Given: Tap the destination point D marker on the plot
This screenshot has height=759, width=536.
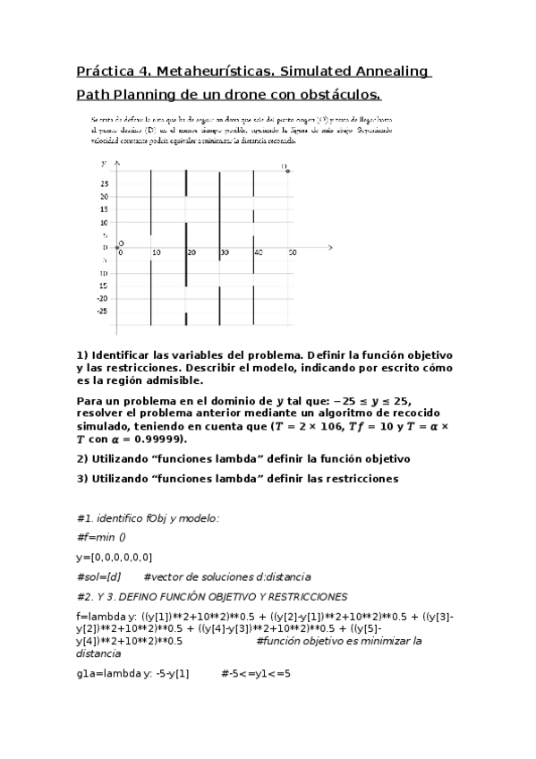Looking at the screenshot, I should click(x=287, y=170).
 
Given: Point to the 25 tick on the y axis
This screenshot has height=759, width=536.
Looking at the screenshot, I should click(x=105, y=183).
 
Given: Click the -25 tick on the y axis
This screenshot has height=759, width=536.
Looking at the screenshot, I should click(x=104, y=311).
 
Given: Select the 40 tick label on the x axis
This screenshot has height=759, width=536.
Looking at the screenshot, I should click(x=258, y=253).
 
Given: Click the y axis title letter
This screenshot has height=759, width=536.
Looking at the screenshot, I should click(x=104, y=163).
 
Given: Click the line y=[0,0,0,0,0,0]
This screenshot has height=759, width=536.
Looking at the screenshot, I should click(x=115, y=557).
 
